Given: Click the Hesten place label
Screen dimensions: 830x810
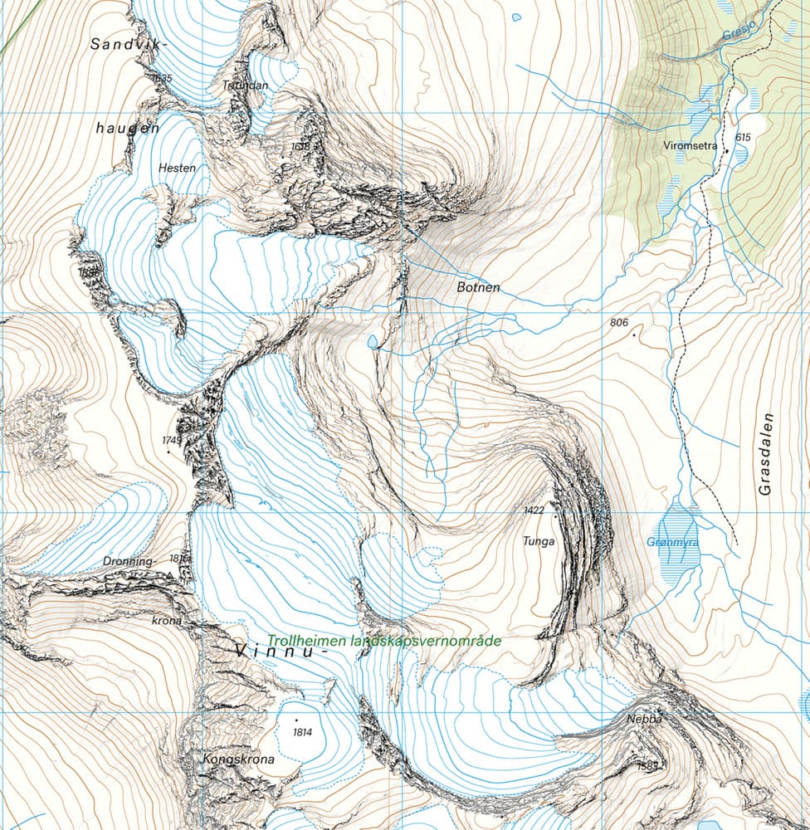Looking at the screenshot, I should pos(177,168).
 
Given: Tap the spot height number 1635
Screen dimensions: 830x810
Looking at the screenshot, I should pos(161,78).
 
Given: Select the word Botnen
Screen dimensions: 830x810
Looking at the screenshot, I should pos(478,288).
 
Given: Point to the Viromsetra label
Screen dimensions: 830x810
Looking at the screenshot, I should pos(690,144).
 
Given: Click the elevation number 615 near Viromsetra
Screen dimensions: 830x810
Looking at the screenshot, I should pos(742,138).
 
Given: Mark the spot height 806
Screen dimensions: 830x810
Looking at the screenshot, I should pos(619,322).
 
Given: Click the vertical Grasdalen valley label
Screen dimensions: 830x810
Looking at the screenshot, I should pos(765,454).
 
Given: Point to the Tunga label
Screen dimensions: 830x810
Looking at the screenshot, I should pos(538,541).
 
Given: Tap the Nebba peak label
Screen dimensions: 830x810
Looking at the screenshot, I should pos(644,719).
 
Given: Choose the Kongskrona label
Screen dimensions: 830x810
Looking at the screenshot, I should pos(238,759).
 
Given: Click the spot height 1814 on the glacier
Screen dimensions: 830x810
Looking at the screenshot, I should pos(304,732).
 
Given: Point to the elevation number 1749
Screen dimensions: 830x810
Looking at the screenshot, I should pos(172,440).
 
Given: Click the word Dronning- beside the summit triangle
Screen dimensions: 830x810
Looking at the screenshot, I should pos(129,562).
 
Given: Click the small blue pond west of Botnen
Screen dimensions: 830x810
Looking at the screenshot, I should pos(372,341).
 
